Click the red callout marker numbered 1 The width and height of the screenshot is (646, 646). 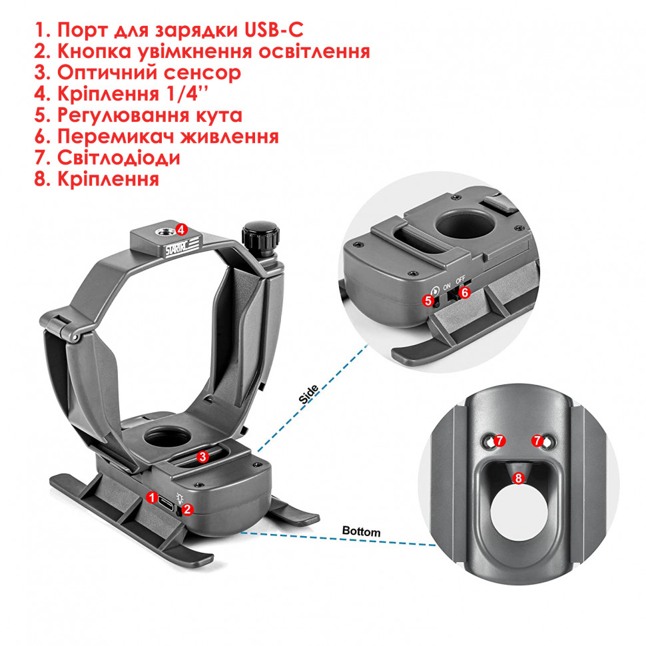[152, 497]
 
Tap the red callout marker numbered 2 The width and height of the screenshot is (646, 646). [188, 509]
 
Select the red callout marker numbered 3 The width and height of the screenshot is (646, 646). [202, 456]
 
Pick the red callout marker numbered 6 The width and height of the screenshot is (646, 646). [466, 292]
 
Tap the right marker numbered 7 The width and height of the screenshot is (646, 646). [537, 441]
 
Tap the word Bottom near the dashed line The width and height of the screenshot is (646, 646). [361, 531]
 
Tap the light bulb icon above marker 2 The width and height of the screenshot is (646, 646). [179, 495]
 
